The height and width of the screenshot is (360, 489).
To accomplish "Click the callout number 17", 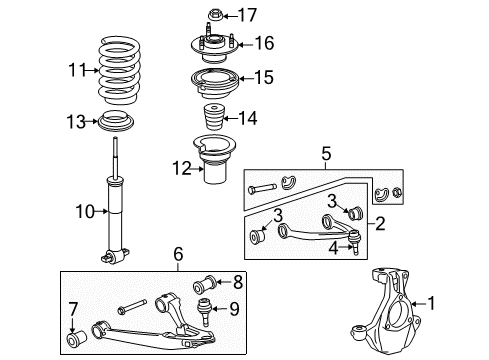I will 247,15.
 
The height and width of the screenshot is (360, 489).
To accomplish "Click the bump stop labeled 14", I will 212,118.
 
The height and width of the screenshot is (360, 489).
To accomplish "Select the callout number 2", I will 379,227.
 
